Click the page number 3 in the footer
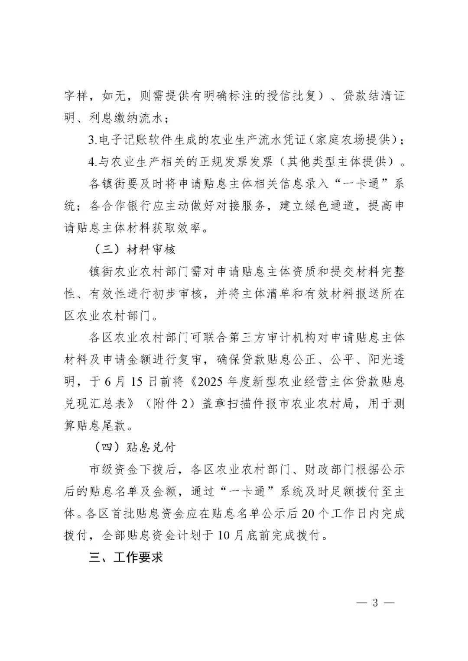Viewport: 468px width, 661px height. [x=375, y=603]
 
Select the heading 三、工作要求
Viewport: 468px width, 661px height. [x=126, y=557]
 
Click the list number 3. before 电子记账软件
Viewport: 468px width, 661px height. [x=92, y=140]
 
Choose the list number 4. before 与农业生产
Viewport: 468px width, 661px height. [x=92, y=162]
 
